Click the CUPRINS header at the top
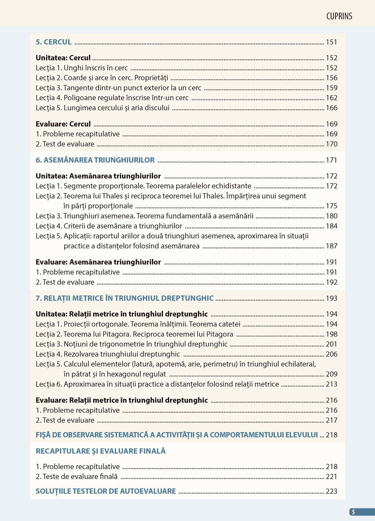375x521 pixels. point(339,16)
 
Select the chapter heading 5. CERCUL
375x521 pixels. point(53,42)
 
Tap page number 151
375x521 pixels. point(331,42)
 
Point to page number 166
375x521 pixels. point(331,108)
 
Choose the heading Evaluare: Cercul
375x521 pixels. point(63,124)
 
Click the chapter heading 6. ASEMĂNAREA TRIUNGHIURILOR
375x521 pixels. point(95,160)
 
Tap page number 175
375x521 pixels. point(331,206)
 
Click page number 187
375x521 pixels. point(331,246)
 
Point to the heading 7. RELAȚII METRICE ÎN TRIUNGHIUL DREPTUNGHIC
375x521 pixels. point(125,298)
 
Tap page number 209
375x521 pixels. point(331,374)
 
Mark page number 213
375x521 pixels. point(331,384)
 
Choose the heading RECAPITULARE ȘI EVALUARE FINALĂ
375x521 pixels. point(101,451)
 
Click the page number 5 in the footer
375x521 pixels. point(353,512)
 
